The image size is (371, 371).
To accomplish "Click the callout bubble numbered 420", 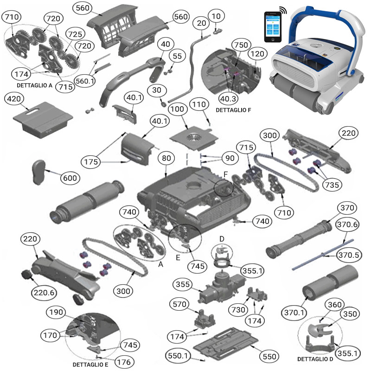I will pos(16,99).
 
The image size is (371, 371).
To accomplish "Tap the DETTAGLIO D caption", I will pos(316,359).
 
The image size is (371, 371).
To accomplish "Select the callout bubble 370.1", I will pos(294,313).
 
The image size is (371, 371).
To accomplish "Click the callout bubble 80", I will pos(166,158).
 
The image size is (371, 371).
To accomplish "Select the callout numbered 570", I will pos(180,304).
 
